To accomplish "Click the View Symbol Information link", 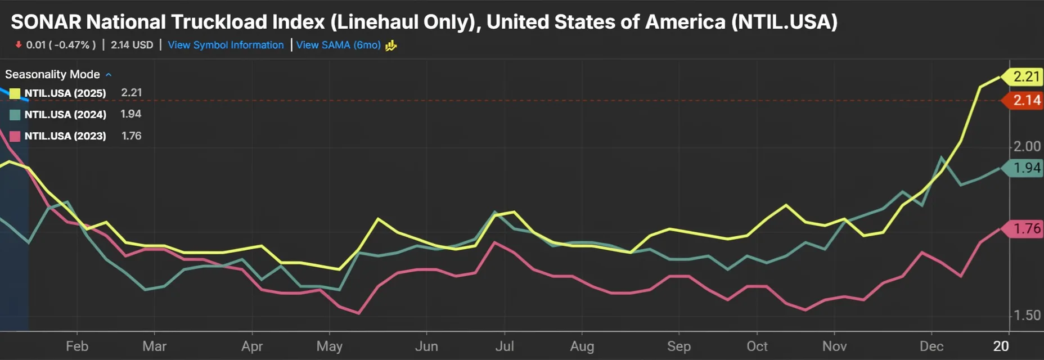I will (226, 45).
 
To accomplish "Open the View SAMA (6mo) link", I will (338, 45).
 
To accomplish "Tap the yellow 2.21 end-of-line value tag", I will (1025, 76).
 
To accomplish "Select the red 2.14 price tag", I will (1025, 101).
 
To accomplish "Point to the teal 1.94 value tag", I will (1025, 168).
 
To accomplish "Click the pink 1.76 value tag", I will (1025, 229).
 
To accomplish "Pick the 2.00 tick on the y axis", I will (1027, 146).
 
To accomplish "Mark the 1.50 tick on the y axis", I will (1027, 315).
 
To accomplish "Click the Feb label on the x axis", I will (77, 346).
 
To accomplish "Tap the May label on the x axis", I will (329, 346).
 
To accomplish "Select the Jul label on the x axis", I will (505, 346).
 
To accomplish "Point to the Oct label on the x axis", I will (757, 346).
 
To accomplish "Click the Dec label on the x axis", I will (931, 346).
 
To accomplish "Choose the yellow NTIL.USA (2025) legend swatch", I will (15, 93).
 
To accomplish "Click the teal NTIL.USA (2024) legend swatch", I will (15, 115).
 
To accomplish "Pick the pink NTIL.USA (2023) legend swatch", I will (15, 136).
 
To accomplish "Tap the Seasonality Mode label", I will (52, 74).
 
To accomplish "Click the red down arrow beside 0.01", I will (19, 44).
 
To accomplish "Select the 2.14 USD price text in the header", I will (132, 45).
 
